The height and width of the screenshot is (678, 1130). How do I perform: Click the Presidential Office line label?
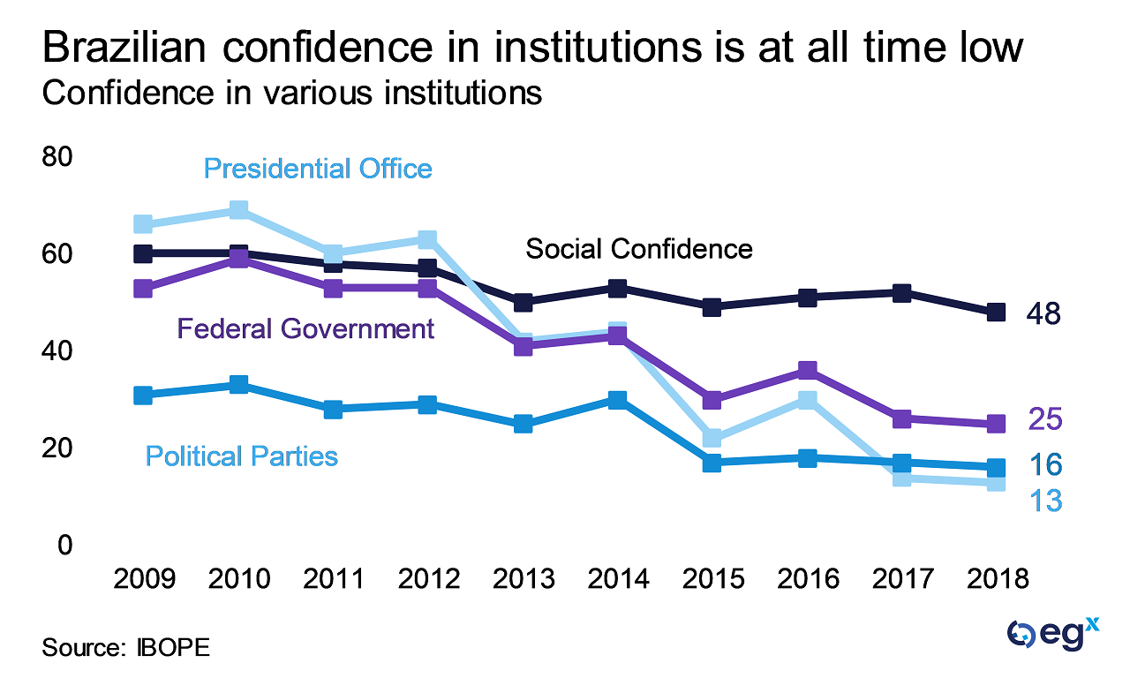click(318, 168)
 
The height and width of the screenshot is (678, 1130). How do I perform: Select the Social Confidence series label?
click(639, 248)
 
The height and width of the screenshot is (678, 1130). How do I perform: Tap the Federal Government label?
click(305, 329)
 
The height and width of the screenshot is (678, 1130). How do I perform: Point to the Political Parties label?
click(242, 456)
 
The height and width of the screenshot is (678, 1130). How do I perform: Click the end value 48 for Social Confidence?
click(1043, 313)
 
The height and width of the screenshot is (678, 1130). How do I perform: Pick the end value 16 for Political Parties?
click(1043, 465)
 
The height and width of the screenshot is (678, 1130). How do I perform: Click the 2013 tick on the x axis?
click(523, 579)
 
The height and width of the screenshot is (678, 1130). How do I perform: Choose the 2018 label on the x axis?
click(996, 579)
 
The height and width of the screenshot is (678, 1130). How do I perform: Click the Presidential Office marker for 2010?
click(238, 209)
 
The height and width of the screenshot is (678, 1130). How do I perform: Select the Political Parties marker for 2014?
click(617, 400)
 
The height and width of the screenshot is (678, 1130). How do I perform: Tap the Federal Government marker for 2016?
click(807, 370)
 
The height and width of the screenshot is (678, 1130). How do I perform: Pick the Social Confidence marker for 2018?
click(996, 312)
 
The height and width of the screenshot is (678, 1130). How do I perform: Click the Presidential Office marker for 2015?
click(712, 438)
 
